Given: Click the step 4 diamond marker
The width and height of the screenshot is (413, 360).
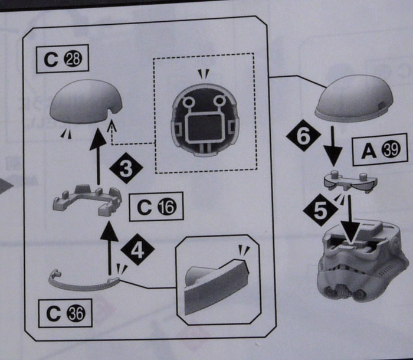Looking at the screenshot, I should click(x=137, y=251).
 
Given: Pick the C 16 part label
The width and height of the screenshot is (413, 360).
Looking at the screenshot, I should click(x=156, y=207).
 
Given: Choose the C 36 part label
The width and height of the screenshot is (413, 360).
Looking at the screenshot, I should click(x=63, y=313).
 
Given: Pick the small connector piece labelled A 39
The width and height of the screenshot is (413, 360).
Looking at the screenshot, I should click(x=349, y=179).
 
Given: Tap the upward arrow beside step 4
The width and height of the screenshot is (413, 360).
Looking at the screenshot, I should click(x=110, y=245).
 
